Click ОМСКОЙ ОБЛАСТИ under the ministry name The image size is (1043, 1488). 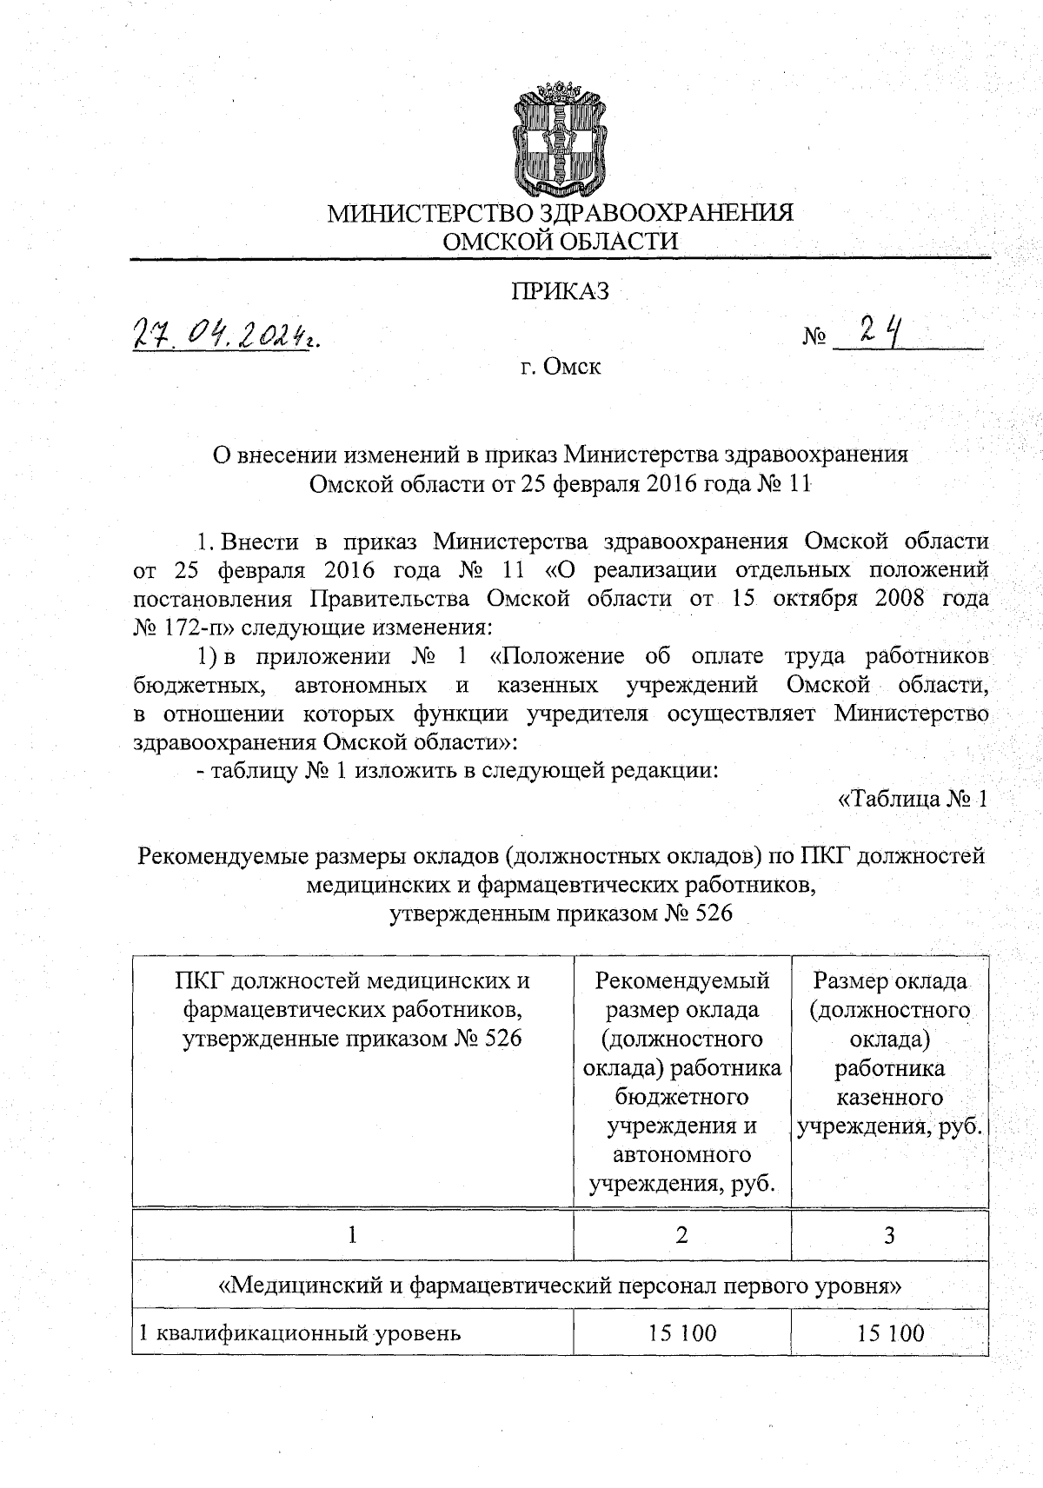click(x=560, y=241)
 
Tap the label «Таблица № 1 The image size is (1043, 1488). click(x=912, y=798)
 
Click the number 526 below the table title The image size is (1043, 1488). click(x=710, y=913)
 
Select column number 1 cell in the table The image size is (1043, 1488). click(x=352, y=1234)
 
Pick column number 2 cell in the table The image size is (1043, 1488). click(x=681, y=1234)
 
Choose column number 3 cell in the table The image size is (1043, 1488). click(x=889, y=1234)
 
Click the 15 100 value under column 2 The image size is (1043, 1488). click(x=681, y=1332)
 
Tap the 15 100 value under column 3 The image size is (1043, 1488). click(x=889, y=1332)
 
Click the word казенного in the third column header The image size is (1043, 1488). click(x=889, y=1097)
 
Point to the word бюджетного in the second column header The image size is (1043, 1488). click(x=681, y=1097)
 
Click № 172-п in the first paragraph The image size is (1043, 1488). click(x=178, y=626)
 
